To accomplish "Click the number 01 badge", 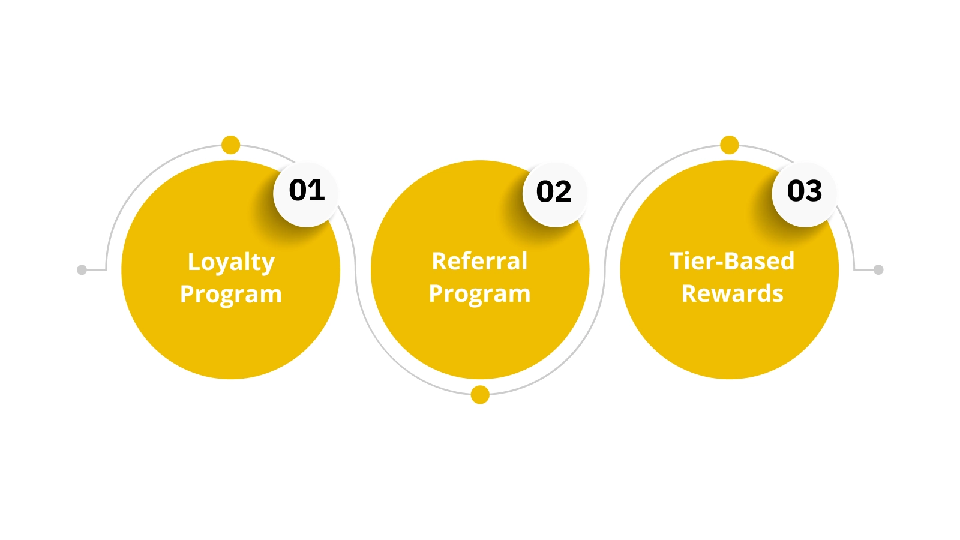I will coord(306,194).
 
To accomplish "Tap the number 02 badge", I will coord(554,194).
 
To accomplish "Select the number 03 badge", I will coord(804,194).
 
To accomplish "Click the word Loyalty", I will coord(231,263).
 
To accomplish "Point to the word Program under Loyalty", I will coord(231,295).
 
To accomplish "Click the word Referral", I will coord(479,262).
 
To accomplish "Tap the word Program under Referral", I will coord(479,295).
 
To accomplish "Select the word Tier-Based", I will coord(732,262).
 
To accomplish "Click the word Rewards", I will coord(732,294).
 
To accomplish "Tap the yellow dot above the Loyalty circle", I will coord(230,145).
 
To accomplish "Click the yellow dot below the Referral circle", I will coord(480,395).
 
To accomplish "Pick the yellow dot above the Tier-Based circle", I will coord(729,145).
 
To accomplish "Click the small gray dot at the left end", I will coord(82,270).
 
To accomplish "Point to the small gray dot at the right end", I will coord(878,270).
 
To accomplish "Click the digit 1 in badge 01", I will coord(317,191).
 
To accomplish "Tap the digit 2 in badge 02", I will coord(563,192).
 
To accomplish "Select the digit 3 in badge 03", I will coord(814,191).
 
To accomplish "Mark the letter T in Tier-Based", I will coord(677,261).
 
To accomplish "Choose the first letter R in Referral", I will coord(439,262).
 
